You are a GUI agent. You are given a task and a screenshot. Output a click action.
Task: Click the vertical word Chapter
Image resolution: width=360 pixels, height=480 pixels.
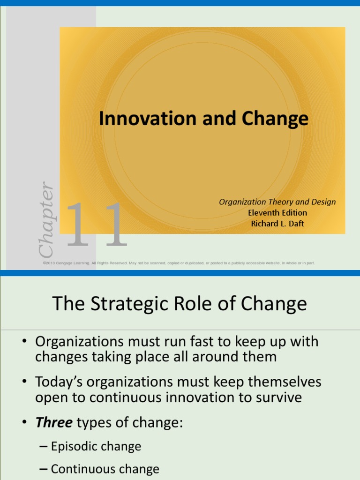(46, 219)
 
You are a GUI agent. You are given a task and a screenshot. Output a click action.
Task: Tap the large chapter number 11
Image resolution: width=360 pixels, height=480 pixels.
(97, 225)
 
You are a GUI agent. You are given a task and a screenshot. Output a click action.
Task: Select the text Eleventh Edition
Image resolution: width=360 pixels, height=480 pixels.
(277, 213)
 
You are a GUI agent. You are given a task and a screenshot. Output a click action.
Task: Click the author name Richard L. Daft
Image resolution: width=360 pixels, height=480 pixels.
(277, 224)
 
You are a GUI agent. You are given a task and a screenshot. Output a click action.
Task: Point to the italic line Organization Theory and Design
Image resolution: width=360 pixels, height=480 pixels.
(277, 202)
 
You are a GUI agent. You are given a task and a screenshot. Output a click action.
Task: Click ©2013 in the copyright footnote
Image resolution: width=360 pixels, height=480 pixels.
(50, 263)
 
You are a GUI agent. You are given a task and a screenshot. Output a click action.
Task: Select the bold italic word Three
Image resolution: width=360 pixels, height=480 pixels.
(54, 423)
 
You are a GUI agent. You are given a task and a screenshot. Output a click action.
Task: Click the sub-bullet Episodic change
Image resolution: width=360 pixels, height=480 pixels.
(96, 446)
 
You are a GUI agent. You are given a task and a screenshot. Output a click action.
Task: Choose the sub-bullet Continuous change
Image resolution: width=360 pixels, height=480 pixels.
(105, 469)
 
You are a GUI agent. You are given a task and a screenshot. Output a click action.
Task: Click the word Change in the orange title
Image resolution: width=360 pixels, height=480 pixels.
(276, 119)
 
